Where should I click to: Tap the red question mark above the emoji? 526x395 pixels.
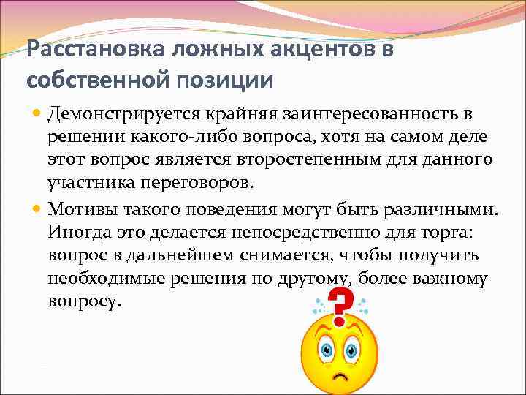pyautogui.click(x=340, y=306)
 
